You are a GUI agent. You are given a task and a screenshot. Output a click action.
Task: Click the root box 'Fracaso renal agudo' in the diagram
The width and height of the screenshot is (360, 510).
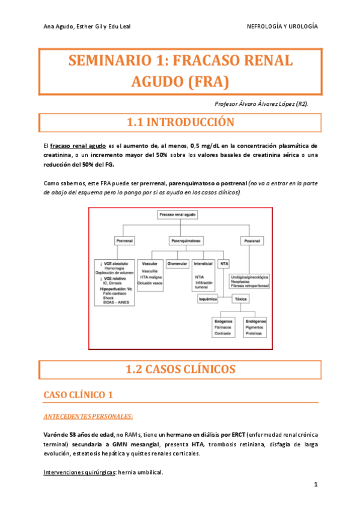point(178,214)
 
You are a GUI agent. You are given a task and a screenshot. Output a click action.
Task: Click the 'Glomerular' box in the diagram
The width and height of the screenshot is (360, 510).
point(177,264)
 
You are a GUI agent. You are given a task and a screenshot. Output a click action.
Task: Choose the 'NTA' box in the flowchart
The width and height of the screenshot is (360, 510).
point(224,264)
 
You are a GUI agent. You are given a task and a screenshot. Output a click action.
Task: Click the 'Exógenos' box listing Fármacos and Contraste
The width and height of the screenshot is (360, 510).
point(224,328)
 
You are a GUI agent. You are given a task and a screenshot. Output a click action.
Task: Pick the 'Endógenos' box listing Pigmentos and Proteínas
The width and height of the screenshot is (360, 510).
point(255,328)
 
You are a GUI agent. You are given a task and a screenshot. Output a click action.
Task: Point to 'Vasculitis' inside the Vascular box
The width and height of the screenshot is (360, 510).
point(148,271)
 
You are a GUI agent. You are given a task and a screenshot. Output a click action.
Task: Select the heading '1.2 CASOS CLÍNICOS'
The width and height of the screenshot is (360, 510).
point(179,369)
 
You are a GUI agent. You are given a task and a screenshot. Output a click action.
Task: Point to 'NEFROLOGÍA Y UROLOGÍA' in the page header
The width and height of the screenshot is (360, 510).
point(282,27)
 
